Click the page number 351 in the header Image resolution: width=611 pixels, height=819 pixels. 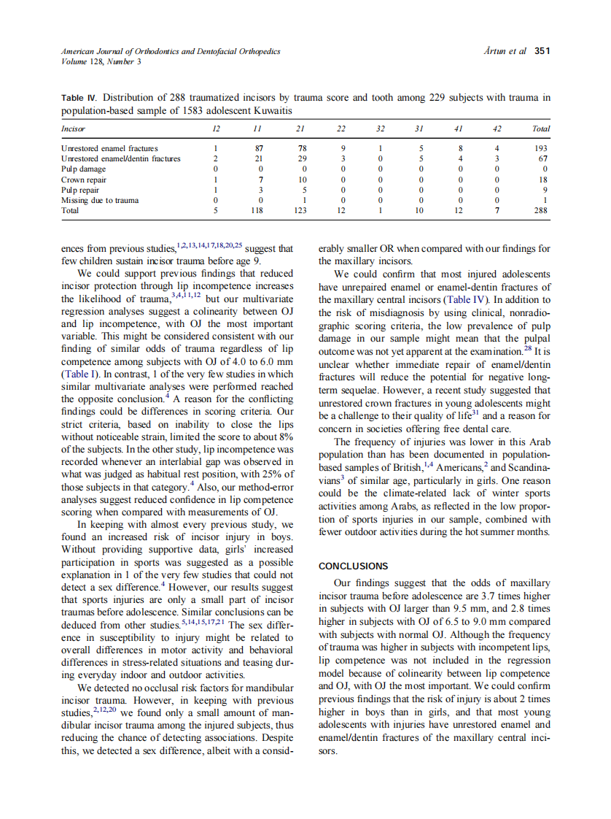pyautogui.click(x=542, y=51)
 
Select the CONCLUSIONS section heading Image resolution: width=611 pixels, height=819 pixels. pyautogui.click(x=354, y=566)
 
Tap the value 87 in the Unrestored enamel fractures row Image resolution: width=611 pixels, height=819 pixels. pyautogui.click(x=256, y=148)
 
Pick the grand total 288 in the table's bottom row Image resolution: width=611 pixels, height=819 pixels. pyautogui.click(x=540, y=209)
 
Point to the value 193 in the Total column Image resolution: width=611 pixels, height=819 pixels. pyautogui.click(x=540, y=148)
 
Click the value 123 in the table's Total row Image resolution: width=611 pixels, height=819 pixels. pyautogui.click(x=300, y=209)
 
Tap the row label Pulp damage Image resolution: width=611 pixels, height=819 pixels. pyautogui.click(x=84, y=169)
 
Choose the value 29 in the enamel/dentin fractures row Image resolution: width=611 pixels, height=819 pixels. pyautogui.click(x=302, y=158)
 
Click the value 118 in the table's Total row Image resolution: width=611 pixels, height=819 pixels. pyautogui.click(x=254, y=209)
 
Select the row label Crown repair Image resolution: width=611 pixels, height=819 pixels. pyautogui.click(x=84, y=179)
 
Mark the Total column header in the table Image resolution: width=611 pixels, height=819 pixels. pyautogui.click(x=540, y=128)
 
